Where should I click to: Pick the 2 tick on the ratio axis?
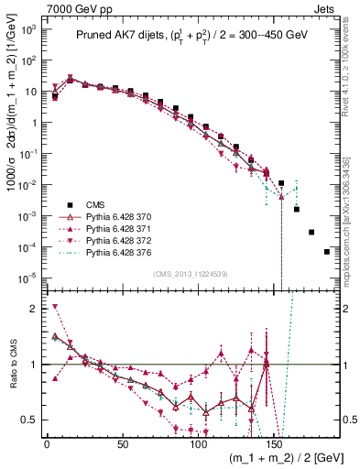[x=34, y=308]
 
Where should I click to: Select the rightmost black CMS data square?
[x=327, y=252]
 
